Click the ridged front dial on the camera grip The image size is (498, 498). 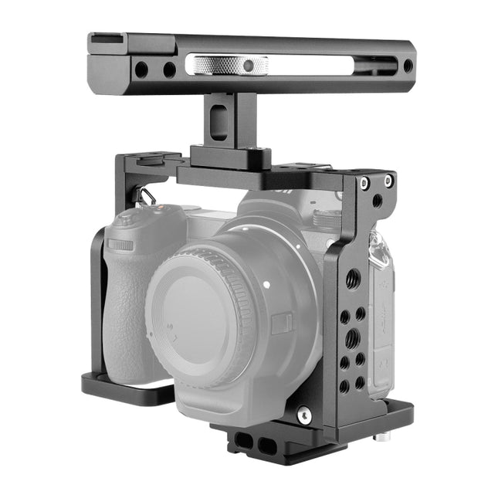pyautogui.click(x=120, y=245)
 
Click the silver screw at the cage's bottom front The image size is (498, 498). pyautogui.click(x=305, y=414)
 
